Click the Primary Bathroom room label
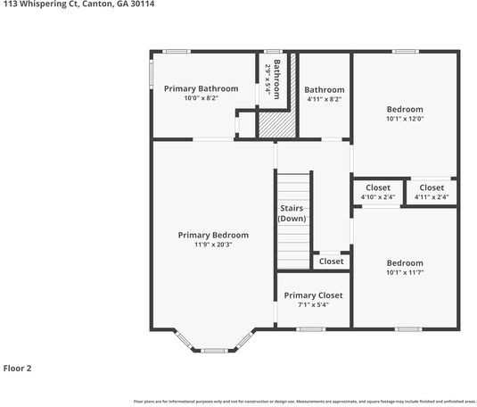(x=201, y=88)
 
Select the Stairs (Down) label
(x=292, y=213)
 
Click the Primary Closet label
(x=313, y=295)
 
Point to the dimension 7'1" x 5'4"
(x=313, y=305)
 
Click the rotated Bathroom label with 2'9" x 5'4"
(x=277, y=79)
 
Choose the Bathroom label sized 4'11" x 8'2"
(x=324, y=89)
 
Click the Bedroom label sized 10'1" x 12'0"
(x=405, y=109)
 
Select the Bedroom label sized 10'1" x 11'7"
(x=405, y=263)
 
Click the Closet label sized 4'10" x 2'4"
(x=378, y=187)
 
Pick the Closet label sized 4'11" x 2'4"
(x=432, y=187)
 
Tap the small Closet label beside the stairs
(x=331, y=262)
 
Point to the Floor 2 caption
(x=17, y=368)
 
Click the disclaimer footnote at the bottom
(x=303, y=402)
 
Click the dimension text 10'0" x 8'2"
(x=201, y=98)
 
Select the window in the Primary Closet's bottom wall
(x=309, y=329)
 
